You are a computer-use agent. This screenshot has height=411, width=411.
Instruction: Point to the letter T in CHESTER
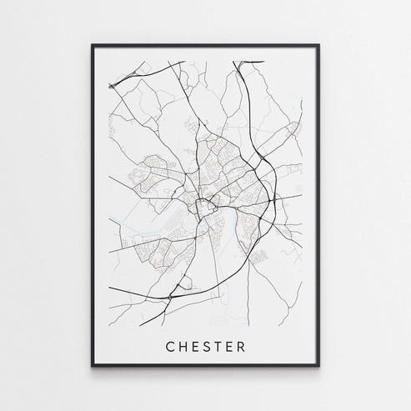[227, 344]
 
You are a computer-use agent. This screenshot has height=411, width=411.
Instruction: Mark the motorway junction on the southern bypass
[173, 293]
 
